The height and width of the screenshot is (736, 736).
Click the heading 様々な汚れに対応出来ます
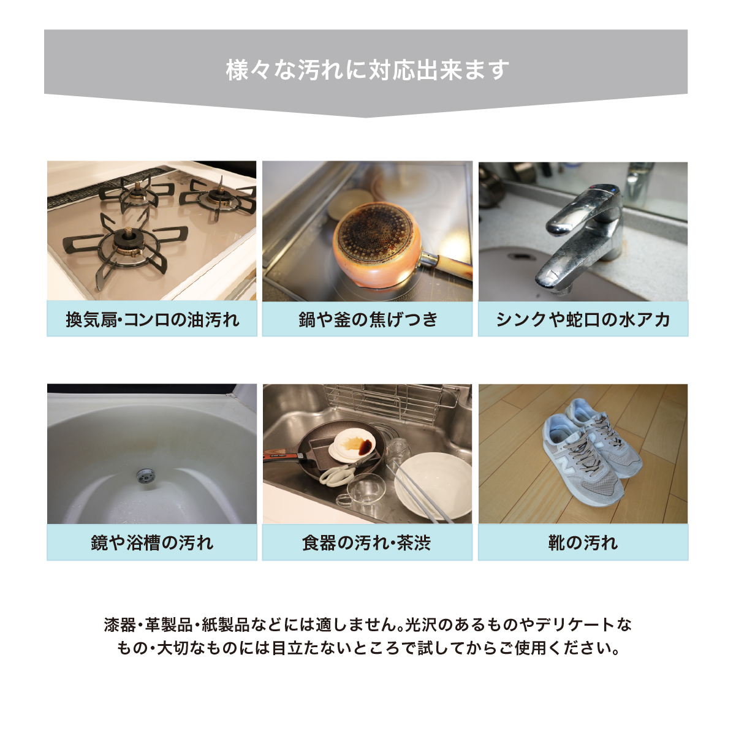(x=368, y=69)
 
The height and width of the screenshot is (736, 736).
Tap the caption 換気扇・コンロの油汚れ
(x=152, y=319)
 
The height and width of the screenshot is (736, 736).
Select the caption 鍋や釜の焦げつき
(x=368, y=319)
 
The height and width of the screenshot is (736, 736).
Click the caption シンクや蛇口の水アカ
(x=583, y=319)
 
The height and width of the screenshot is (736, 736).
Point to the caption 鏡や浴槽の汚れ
(x=152, y=542)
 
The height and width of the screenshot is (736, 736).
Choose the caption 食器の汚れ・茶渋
(x=368, y=542)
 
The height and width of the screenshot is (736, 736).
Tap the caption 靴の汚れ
(x=583, y=542)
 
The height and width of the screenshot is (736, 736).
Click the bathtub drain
(x=145, y=476)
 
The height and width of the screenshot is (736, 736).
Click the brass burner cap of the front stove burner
(x=127, y=235)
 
